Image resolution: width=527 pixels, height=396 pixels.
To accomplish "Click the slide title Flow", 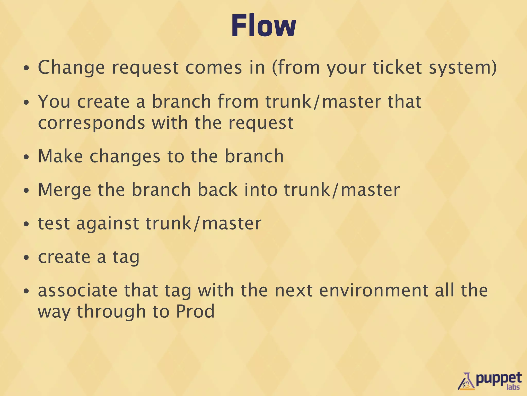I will pyautogui.click(x=263, y=26).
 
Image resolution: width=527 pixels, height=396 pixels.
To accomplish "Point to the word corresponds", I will pyautogui.click(x=91, y=123).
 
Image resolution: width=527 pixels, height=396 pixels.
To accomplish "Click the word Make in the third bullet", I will pyautogui.click(x=60, y=156).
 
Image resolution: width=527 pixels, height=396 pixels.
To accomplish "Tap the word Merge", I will pyautogui.click(x=64, y=190).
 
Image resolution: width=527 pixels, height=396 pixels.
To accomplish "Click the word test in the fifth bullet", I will pyautogui.click(x=54, y=224).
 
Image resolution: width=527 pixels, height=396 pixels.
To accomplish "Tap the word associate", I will pyautogui.click(x=78, y=291).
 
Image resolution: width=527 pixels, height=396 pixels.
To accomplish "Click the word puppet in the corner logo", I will pyautogui.click(x=498, y=379).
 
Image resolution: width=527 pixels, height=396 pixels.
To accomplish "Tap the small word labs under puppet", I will pyautogui.click(x=513, y=387).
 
